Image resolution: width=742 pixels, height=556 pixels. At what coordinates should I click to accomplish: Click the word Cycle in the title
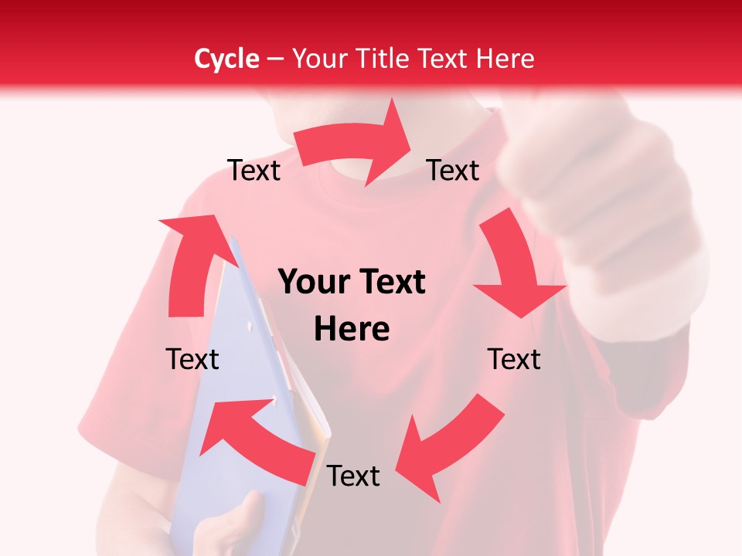[226, 59]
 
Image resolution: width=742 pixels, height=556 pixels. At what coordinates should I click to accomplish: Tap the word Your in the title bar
[320, 59]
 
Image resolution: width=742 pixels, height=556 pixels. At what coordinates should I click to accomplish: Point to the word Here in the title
[506, 59]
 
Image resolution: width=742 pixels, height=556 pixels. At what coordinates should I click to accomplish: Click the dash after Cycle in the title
[275, 59]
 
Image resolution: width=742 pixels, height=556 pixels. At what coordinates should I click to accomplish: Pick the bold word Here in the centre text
[352, 330]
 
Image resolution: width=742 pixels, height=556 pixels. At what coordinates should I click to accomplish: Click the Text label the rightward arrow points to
[453, 171]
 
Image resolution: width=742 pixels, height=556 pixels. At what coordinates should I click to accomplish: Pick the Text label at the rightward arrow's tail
[254, 171]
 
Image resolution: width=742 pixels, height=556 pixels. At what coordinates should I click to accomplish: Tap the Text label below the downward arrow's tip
[514, 359]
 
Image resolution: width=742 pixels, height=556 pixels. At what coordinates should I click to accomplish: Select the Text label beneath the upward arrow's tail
[192, 359]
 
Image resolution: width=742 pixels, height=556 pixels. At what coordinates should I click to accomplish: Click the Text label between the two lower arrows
[353, 476]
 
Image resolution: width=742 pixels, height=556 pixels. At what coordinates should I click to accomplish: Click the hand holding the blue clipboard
[232, 525]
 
